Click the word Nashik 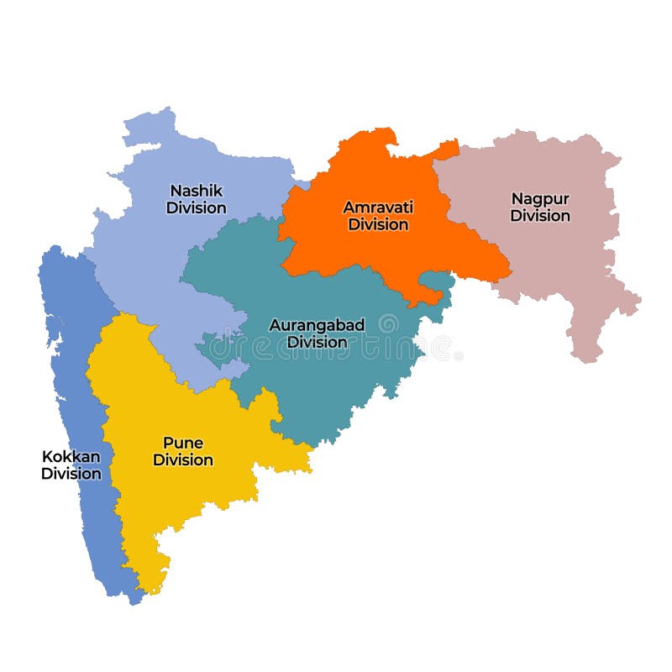(x=196, y=190)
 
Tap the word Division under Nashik (x=196, y=207)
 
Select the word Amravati (x=378, y=207)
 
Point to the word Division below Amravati (x=378, y=224)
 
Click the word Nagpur (x=540, y=198)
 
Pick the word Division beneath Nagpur (x=540, y=216)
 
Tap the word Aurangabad (x=317, y=324)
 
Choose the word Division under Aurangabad (x=317, y=342)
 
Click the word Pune (x=183, y=443)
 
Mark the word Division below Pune (x=183, y=460)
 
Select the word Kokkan (x=71, y=456)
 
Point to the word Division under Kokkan (x=71, y=474)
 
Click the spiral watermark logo (x=388, y=323)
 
